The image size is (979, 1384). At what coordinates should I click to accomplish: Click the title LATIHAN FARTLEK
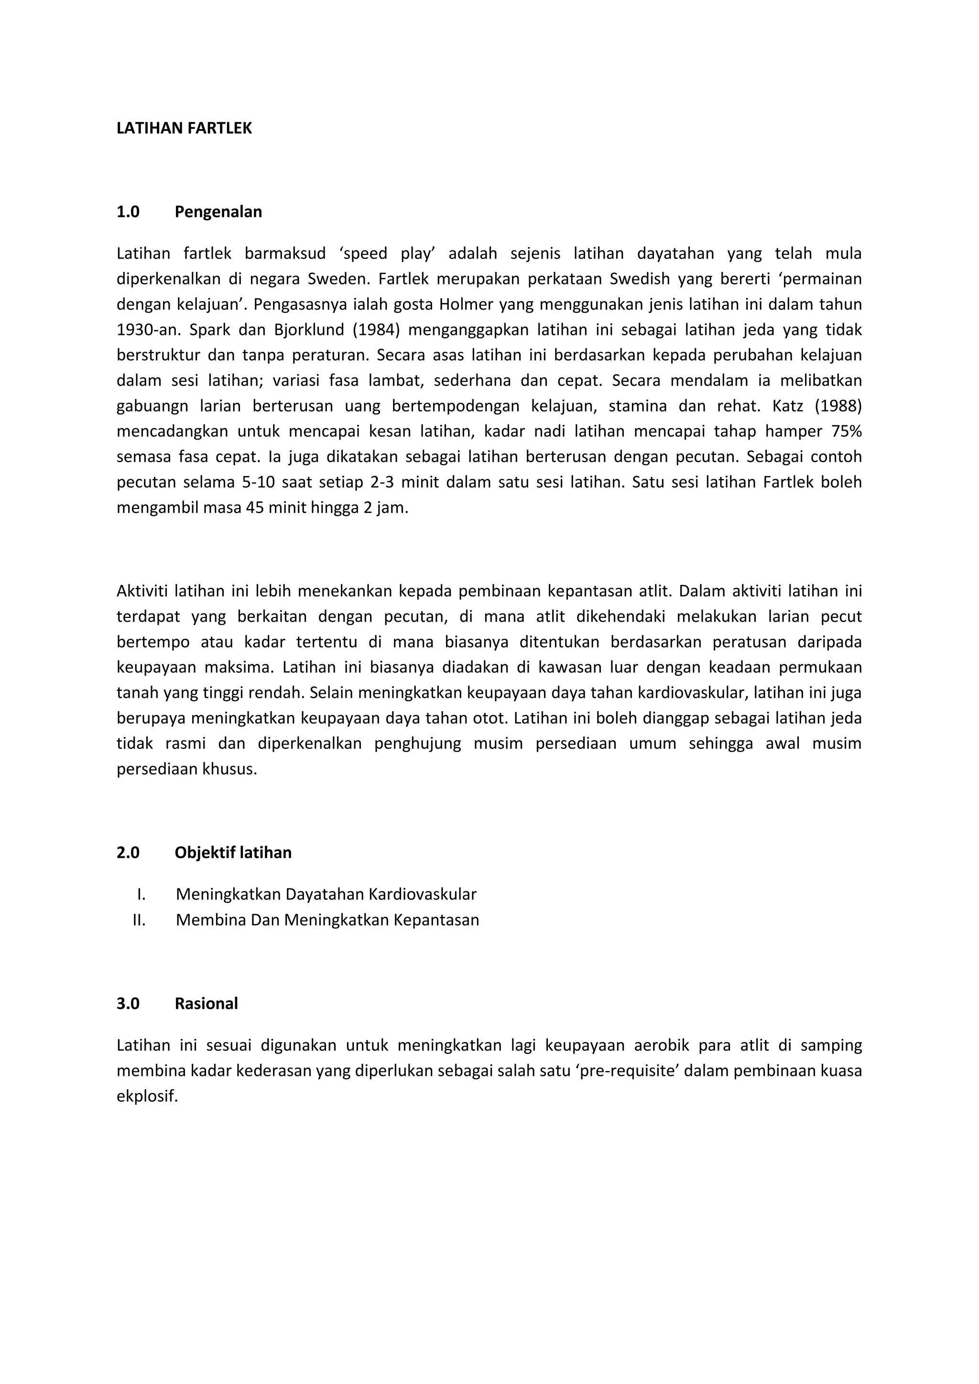(x=184, y=129)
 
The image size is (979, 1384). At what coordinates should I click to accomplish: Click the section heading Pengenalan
(x=218, y=212)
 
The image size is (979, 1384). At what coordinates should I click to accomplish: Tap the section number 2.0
(x=128, y=853)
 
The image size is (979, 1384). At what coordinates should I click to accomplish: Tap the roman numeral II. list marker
(x=139, y=920)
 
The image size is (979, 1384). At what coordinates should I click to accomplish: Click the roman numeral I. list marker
(x=141, y=894)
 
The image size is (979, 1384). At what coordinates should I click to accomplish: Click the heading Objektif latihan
(x=233, y=853)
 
